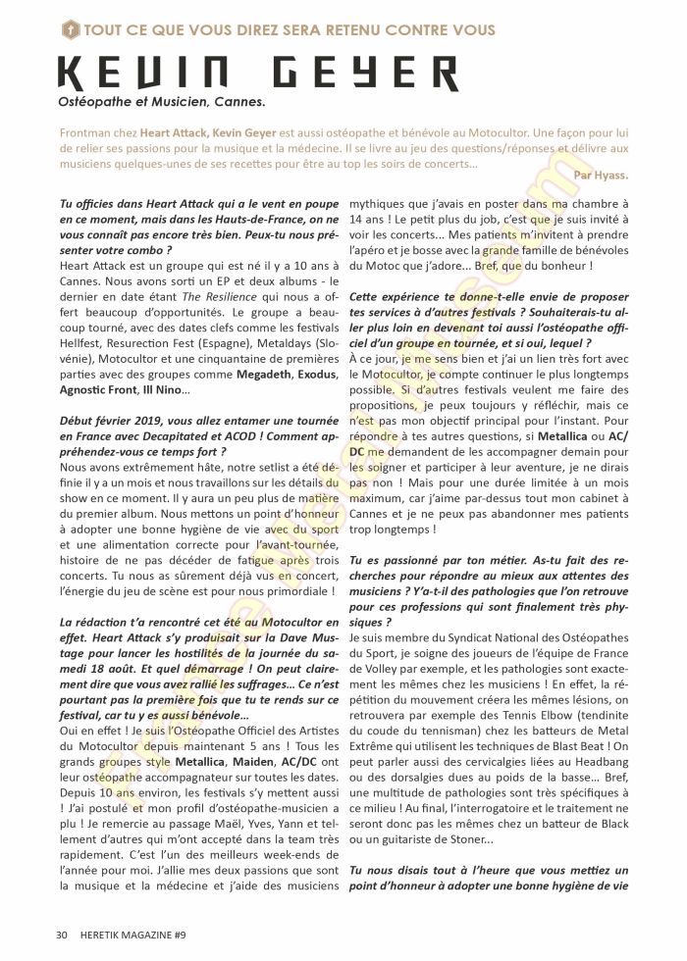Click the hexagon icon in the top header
point(69,30)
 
